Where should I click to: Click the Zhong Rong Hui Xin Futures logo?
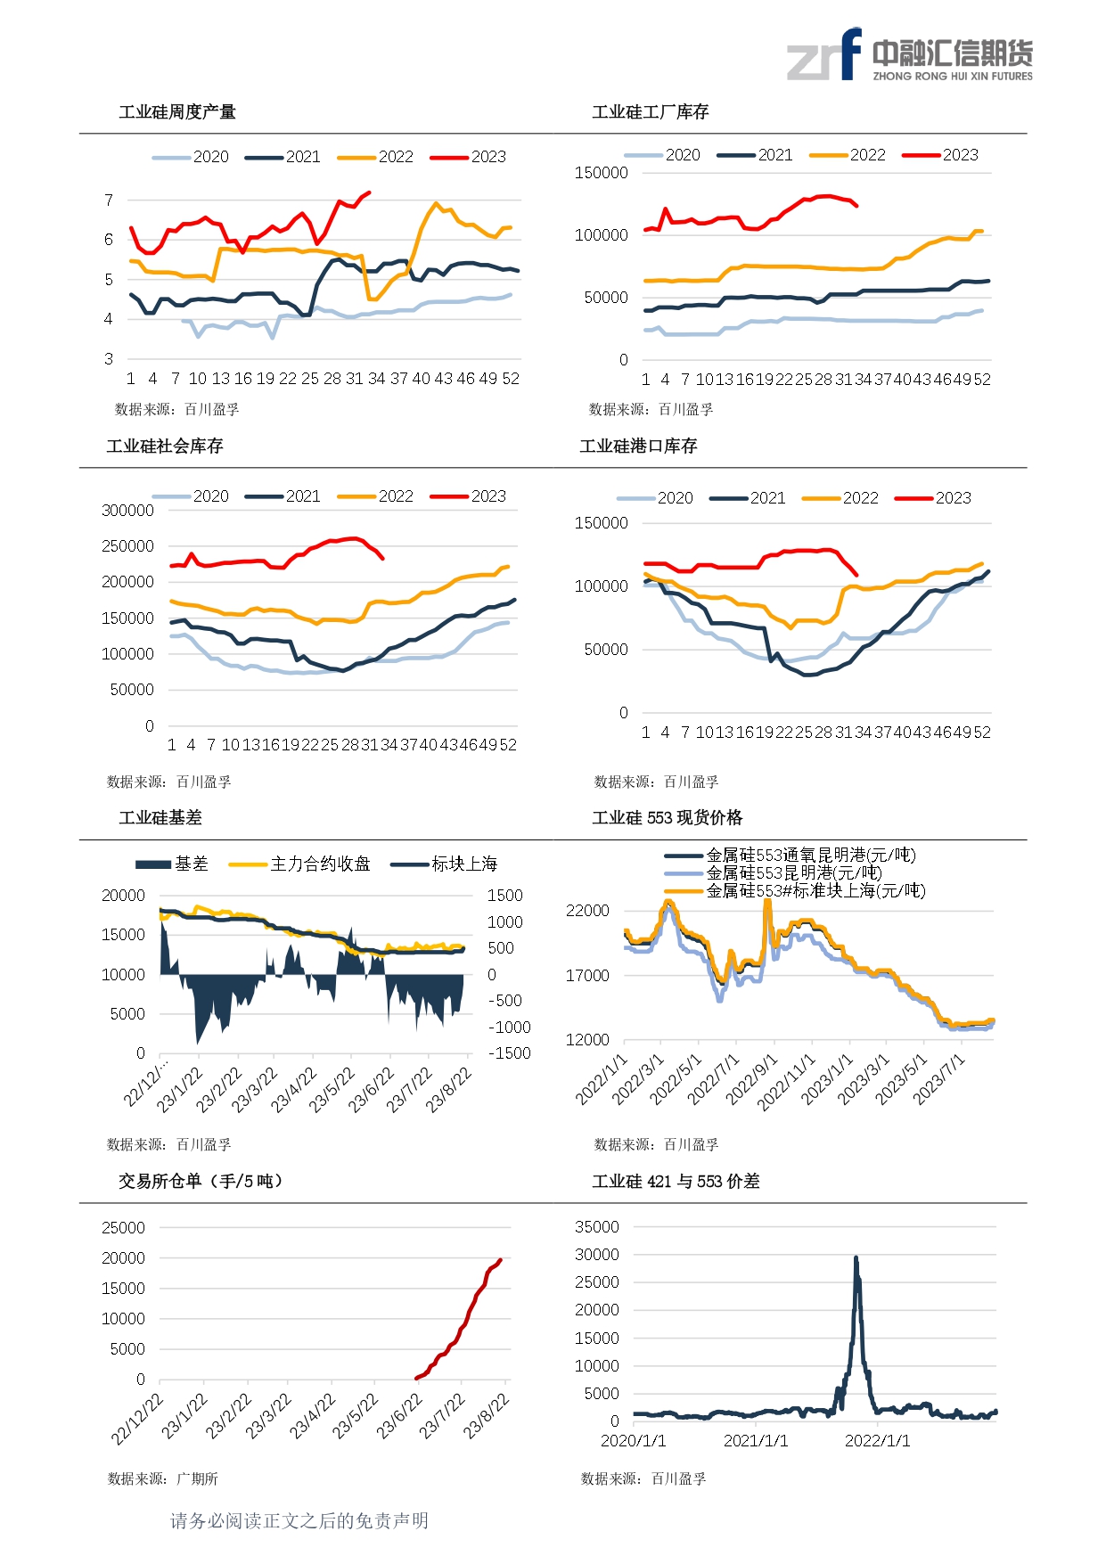click(x=909, y=55)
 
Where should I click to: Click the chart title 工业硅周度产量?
click(x=177, y=112)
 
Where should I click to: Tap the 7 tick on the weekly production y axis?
click(x=109, y=201)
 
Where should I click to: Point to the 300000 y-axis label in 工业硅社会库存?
click(x=127, y=511)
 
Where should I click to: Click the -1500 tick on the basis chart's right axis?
click(x=509, y=1053)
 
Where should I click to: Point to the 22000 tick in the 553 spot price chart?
click(x=587, y=911)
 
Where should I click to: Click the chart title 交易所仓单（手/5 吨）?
click(x=201, y=1182)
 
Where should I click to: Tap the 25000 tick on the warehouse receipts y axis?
click(x=123, y=1228)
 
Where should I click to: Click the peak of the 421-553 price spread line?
click(x=856, y=1257)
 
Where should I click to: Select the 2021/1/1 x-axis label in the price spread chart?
click(x=756, y=1441)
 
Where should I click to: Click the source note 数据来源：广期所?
click(x=163, y=1479)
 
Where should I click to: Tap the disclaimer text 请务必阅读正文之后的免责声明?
click(x=299, y=1521)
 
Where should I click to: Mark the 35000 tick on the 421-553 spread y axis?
click(x=596, y=1227)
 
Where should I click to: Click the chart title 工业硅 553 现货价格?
click(x=667, y=818)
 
